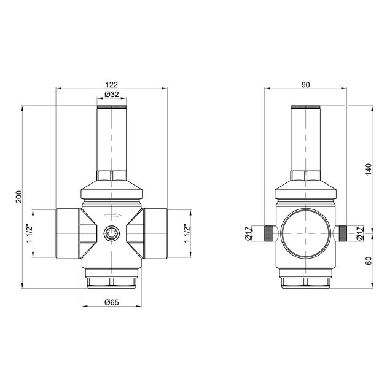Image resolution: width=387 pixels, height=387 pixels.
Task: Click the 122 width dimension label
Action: tap(111, 84)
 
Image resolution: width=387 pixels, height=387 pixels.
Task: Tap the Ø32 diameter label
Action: tap(111, 95)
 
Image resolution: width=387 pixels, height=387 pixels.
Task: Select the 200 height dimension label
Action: tap(18, 197)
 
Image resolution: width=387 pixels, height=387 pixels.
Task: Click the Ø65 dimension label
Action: tap(111, 302)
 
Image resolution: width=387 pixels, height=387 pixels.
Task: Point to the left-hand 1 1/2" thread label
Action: tap(28, 233)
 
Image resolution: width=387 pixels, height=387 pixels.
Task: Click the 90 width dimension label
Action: tap(305, 84)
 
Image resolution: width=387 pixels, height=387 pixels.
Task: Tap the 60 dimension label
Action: tap(368, 260)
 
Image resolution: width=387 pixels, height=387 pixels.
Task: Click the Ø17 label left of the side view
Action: tap(248, 233)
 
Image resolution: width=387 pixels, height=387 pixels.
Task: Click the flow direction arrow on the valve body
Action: tap(112, 216)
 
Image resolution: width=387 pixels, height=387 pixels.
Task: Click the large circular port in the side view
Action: tap(305, 233)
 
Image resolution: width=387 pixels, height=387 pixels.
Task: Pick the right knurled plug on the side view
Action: tap(342, 233)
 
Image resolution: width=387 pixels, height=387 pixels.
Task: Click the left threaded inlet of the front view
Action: tap(68, 233)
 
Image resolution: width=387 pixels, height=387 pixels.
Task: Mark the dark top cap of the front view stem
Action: tap(112, 107)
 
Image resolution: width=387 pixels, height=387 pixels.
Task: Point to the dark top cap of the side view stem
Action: tap(305, 107)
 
